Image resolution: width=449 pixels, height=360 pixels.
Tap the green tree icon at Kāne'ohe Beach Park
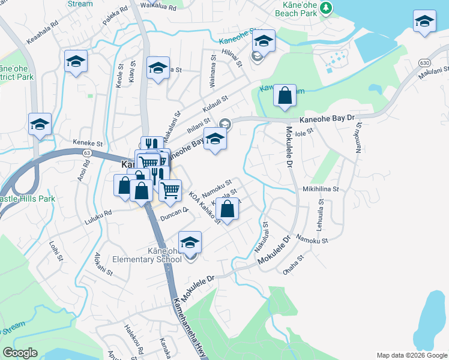click(x=325, y=8)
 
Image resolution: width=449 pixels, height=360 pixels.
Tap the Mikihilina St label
click(x=321, y=188)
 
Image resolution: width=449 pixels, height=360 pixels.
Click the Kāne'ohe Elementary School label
click(x=147, y=254)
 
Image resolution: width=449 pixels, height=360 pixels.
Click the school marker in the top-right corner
click(x=424, y=22)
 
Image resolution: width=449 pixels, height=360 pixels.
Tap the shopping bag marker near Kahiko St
click(x=227, y=209)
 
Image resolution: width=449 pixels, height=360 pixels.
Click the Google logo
click(x=20, y=353)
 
